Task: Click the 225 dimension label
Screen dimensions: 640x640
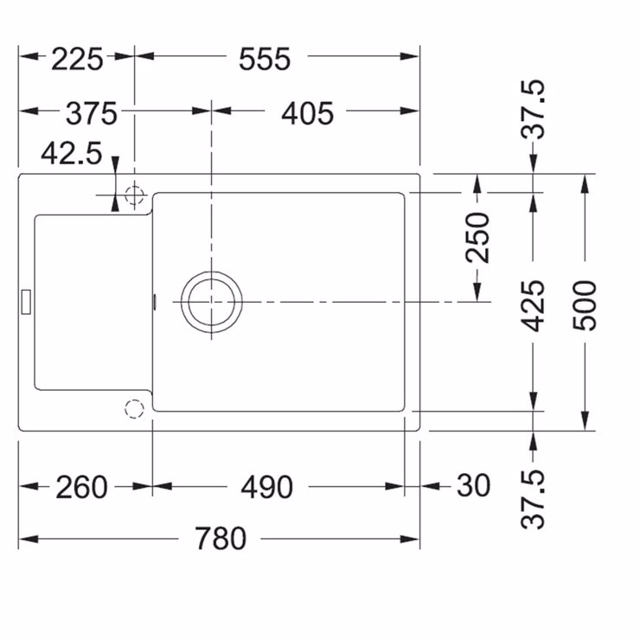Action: (77, 60)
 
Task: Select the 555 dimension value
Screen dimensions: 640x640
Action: (265, 60)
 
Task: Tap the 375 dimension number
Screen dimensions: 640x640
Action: (92, 113)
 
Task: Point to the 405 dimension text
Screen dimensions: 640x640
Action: (307, 113)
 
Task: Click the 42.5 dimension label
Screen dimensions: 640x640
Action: (72, 153)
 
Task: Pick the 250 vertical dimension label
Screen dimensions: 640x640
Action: (477, 238)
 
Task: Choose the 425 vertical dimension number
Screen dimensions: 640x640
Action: (533, 306)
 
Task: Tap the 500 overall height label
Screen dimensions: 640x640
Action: (585, 306)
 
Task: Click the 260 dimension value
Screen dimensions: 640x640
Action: (81, 487)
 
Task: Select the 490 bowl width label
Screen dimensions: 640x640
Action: (267, 487)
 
